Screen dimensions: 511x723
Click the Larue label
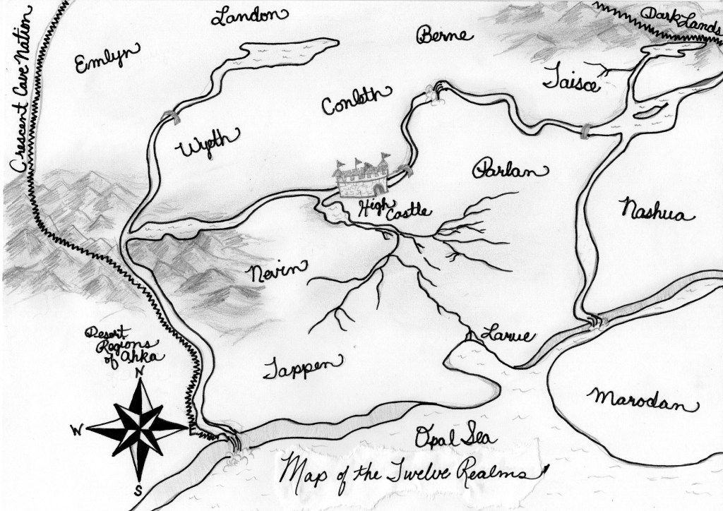506,334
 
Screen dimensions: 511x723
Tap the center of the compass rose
140,426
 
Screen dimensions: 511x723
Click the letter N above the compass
141,373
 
